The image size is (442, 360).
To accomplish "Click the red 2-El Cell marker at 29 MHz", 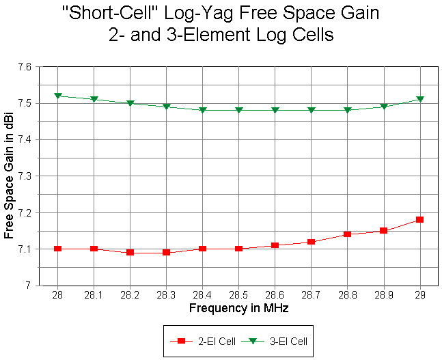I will pyautogui.click(x=419, y=219).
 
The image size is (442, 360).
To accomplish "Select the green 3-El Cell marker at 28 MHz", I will pyautogui.click(x=58, y=96).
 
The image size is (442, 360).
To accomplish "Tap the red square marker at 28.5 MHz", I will pyautogui.click(x=239, y=249).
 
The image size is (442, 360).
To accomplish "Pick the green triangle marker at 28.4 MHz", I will pyautogui.click(x=203, y=110).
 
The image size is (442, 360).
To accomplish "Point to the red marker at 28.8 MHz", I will pyautogui.click(x=347, y=234).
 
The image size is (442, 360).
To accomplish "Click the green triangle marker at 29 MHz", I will pyautogui.click(x=419, y=99).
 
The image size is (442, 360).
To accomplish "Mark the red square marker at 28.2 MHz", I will pyautogui.click(x=130, y=252).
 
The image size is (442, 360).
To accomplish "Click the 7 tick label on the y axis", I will pyautogui.click(x=29, y=285).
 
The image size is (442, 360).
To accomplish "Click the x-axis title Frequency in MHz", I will pyautogui.click(x=238, y=308).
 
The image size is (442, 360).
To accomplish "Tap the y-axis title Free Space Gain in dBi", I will pyautogui.click(x=9, y=176).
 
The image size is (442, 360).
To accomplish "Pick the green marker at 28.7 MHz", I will pyautogui.click(x=311, y=110).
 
